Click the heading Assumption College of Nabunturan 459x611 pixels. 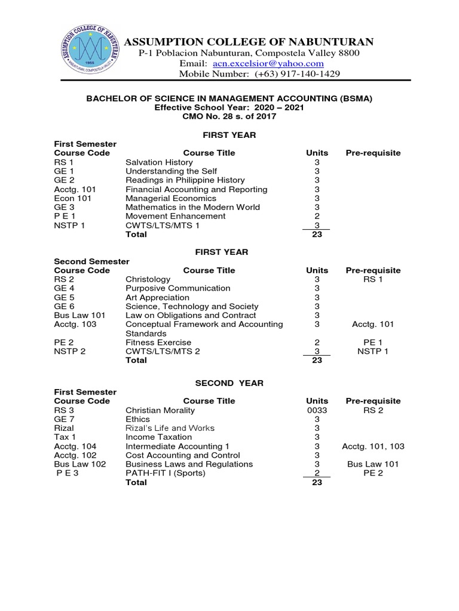(x=248, y=41)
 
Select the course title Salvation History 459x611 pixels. (x=159, y=162)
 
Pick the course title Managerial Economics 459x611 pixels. (x=170, y=198)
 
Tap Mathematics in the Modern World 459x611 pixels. (x=192, y=207)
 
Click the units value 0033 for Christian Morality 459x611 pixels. (x=317, y=411)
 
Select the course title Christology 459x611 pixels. (x=148, y=279)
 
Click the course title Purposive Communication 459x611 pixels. (x=178, y=288)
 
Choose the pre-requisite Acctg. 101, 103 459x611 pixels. (x=372, y=446)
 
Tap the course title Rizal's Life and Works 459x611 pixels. (x=170, y=428)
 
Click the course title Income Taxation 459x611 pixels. (x=158, y=437)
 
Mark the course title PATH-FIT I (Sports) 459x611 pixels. (x=165, y=473)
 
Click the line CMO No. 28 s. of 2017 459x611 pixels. (x=229, y=116)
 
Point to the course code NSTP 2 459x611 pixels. (x=70, y=351)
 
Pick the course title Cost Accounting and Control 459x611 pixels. (x=174, y=455)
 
